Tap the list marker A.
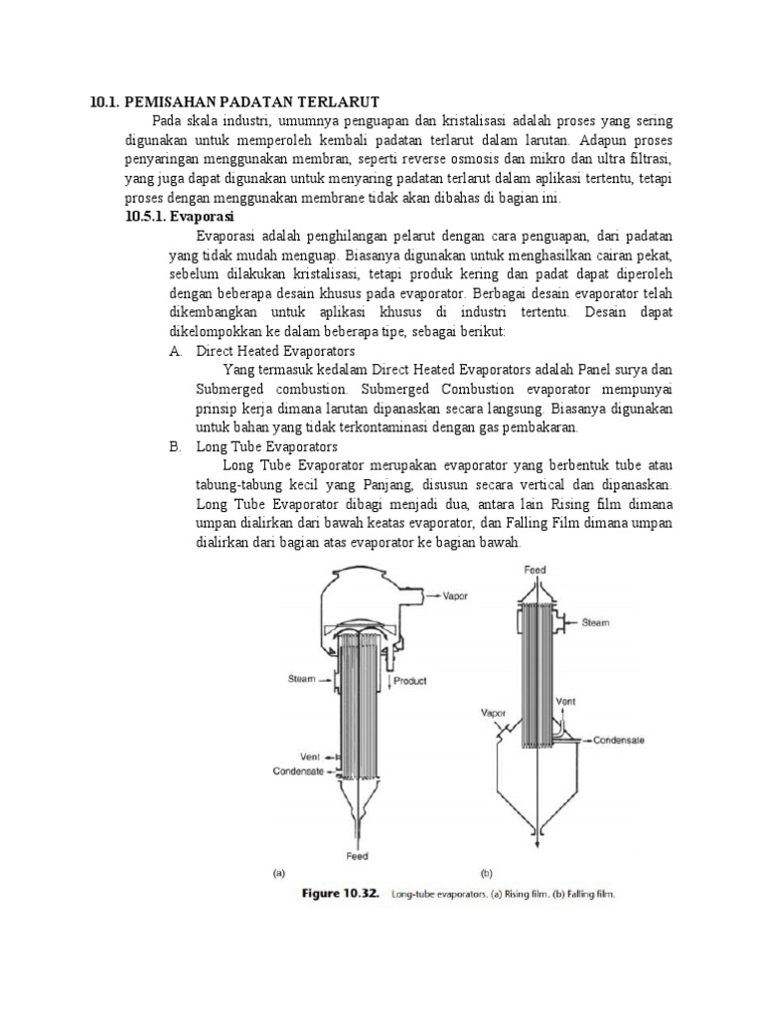(175, 351)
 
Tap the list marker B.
(175, 446)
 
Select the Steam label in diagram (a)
(302, 679)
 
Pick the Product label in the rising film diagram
(410, 681)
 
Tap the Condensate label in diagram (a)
(297, 770)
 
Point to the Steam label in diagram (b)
(596, 622)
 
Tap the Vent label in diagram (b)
(566, 702)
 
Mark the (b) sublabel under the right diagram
(487, 873)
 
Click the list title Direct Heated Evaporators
(276, 351)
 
